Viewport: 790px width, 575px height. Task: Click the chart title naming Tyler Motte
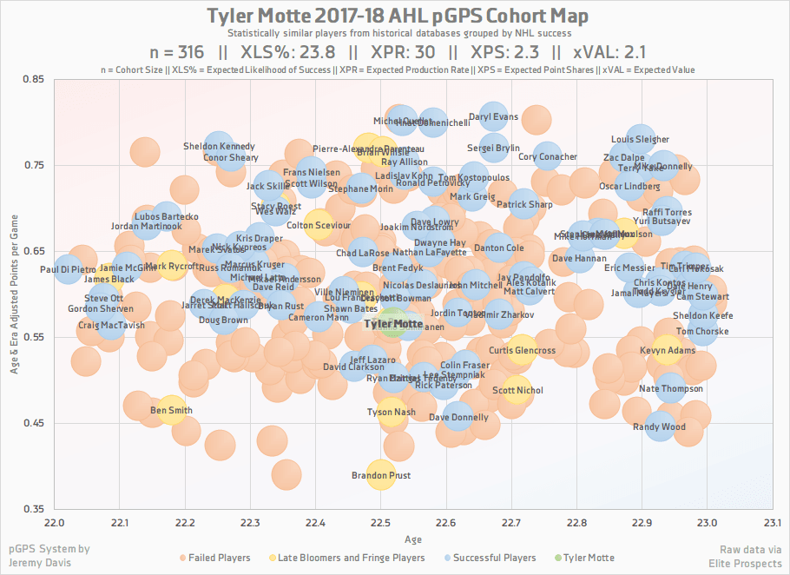click(397, 17)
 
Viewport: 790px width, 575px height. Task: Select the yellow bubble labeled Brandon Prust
click(380, 475)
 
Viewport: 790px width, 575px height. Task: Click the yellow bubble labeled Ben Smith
click(172, 409)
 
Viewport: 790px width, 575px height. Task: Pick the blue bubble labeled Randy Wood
click(660, 426)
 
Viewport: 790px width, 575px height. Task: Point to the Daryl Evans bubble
click(493, 116)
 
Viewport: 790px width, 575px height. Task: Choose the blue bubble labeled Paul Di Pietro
click(68, 269)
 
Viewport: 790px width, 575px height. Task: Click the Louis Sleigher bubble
click(640, 139)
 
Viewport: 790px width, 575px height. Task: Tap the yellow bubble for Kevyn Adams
click(667, 350)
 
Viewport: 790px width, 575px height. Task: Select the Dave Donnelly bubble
click(458, 417)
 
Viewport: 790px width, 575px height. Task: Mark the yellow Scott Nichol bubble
click(517, 390)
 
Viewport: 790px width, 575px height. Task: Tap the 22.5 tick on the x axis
click(380, 523)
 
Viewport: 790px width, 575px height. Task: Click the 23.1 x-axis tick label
click(772, 523)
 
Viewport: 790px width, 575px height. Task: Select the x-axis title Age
click(413, 539)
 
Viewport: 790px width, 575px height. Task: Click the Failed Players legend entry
click(219, 558)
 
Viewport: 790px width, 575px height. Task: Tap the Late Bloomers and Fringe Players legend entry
click(346, 558)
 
